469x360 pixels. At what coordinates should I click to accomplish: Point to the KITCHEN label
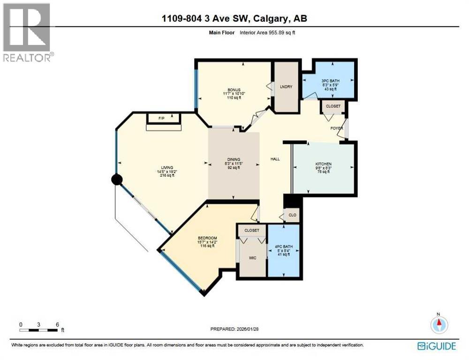pyautogui.click(x=323, y=164)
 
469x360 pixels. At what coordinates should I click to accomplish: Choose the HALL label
pyautogui.click(x=275, y=159)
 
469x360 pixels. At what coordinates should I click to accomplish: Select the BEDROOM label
pyautogui.click(x=207, y=238)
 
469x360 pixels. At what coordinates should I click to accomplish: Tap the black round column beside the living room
pyautogui.click(x=116, y=179)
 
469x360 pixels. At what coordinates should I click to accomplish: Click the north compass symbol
pyautogui.click(x=439, y=324)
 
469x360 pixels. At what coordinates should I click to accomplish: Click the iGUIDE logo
pyautogui.click(x=436, y=346)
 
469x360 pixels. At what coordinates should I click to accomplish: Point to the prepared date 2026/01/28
pyautogui.click(x=234, y=330)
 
